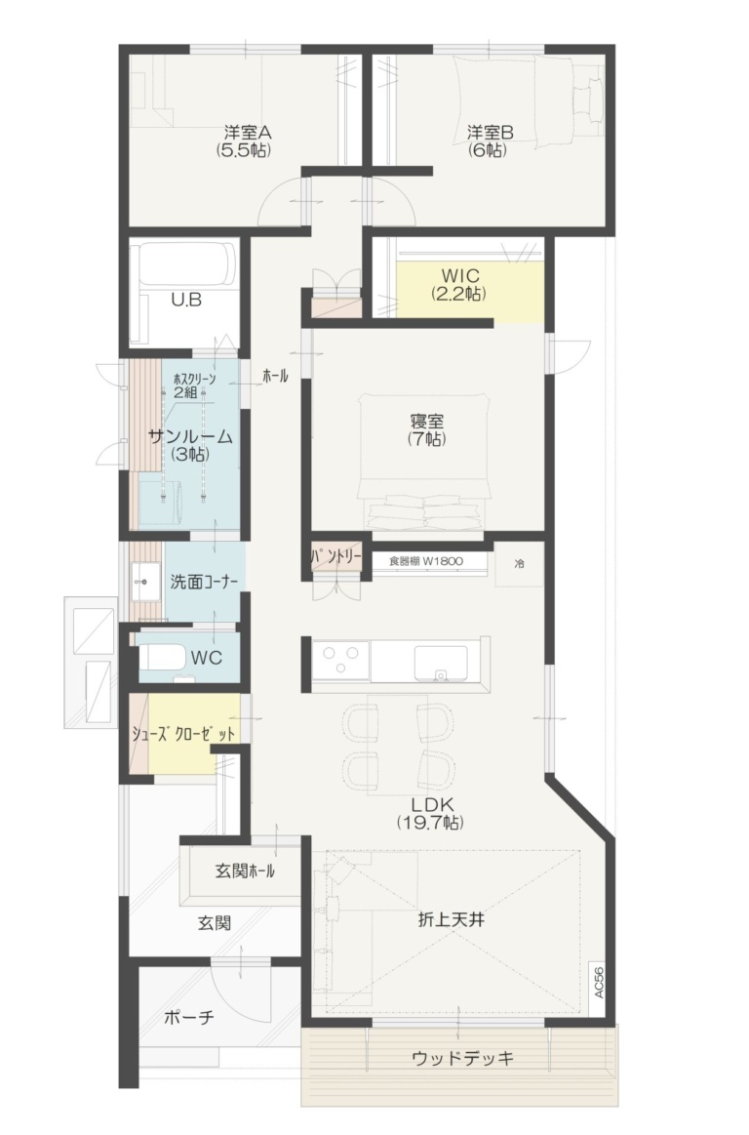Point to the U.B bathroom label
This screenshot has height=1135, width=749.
click(186, 301)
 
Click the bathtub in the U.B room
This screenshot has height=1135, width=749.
click(186, 263)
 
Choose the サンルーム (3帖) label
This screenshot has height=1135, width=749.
click(190, 445)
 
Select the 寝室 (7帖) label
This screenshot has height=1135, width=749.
click(426, 430)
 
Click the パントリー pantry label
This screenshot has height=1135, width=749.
click(336, 558)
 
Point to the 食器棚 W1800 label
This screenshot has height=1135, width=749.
click(425, 561)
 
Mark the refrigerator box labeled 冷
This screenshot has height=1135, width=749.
click(519, 564)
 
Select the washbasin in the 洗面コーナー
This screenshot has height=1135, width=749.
click(143, 585)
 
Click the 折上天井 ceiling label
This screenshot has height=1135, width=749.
click(452, 919)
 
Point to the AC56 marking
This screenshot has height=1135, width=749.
click(598, 981)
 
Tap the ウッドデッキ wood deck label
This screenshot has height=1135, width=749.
click(461, 1058)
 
